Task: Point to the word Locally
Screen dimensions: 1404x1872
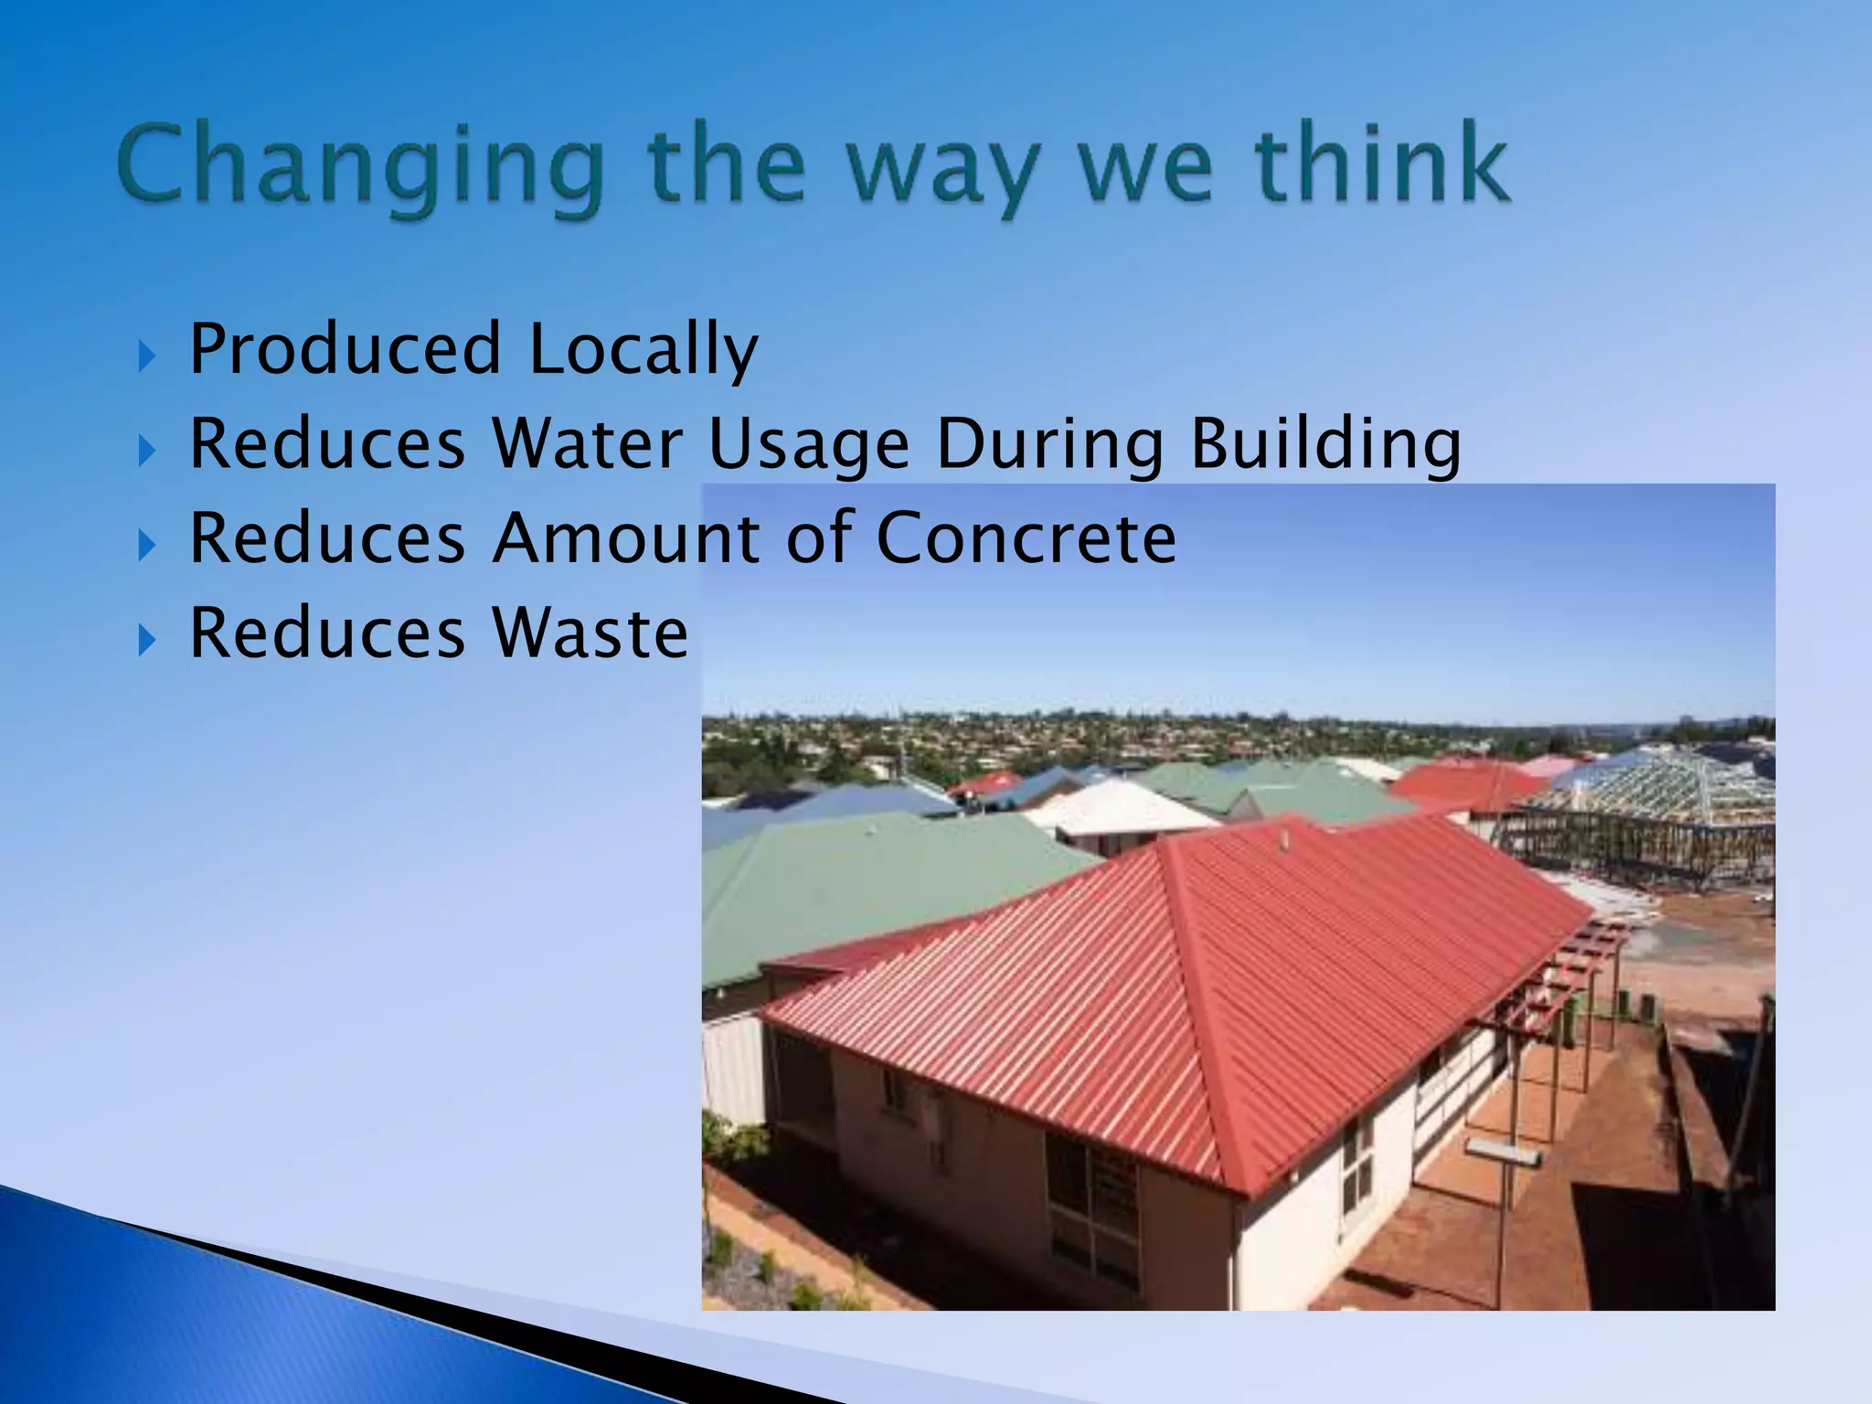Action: point(643,351)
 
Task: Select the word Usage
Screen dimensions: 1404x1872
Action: point(809,445)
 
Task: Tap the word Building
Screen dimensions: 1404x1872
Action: point(1325,445)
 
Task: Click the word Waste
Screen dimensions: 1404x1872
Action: point(590,633)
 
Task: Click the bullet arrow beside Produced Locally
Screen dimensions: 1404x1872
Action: point(147,356)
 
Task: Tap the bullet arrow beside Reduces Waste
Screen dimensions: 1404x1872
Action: point(147,640)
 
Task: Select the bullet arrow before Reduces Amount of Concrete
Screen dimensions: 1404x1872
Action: point(147,546)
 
